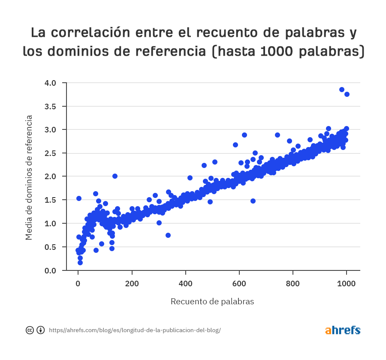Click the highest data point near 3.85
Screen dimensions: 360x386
point(342,90)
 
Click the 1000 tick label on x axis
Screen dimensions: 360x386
point(347,283)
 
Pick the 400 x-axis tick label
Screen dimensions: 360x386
point(186,283)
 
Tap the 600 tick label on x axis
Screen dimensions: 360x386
point(239,283)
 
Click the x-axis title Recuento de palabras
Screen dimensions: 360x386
point(212,301)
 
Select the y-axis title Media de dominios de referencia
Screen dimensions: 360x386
point(29,177)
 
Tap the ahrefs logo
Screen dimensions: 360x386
point(343,330)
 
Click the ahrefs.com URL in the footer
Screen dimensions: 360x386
point(135,330)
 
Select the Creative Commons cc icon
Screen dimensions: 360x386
point(30,330)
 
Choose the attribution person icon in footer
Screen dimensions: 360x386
point(40,330)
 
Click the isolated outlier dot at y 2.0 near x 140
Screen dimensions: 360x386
point(115,176)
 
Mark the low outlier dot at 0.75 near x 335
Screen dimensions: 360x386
point(168,235)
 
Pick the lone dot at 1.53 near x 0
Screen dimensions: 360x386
point(79,198)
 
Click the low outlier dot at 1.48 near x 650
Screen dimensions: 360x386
point(253,201)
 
